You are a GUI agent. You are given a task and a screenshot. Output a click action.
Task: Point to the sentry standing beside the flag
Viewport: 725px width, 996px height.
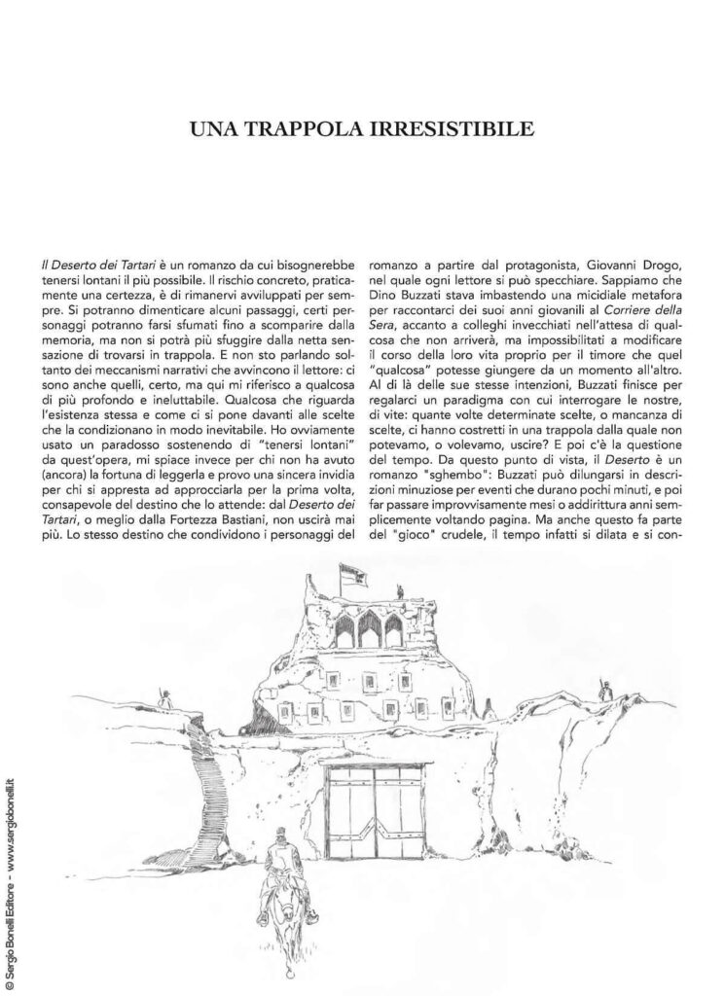pyautogui.click(x=400, y=589)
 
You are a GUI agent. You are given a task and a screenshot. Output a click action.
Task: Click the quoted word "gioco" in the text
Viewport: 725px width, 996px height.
pyautogui.click(x=437, y=530)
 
